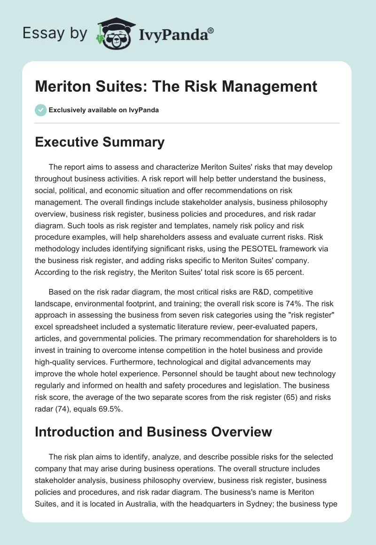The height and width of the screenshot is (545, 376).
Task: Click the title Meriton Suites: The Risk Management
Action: (x=176, y=86)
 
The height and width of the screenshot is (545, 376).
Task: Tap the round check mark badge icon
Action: (x=40, y=110)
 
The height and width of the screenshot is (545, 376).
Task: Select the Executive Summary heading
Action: (x=100, y=142)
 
